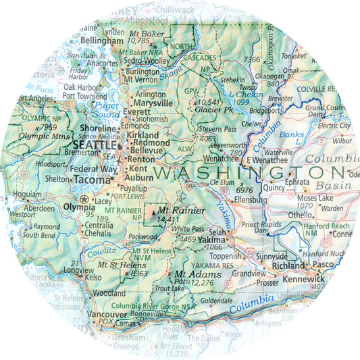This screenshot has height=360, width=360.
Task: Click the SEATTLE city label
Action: coord(93,145)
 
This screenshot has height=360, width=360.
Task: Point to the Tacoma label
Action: coord(91,180)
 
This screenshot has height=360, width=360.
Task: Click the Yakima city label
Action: coord(210,239)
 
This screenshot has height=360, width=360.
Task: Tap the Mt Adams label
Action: coord(190,274)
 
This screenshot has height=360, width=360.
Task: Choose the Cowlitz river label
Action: coord(101,253)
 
